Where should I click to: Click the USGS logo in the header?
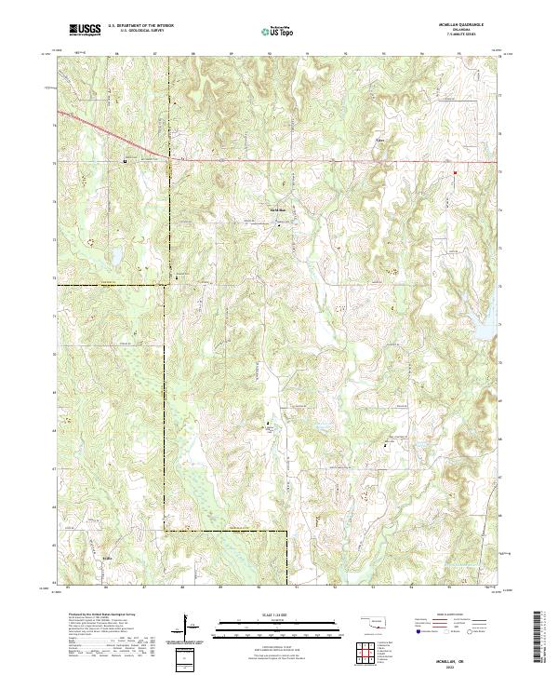pyautogui.click(x=85, y=30)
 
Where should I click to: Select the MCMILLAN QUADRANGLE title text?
pyautogui.click(x=470, y=25)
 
